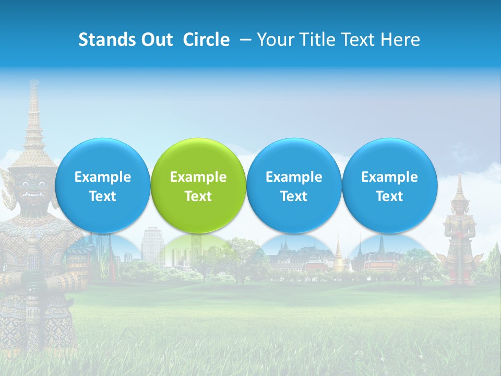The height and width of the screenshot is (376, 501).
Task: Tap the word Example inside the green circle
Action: tap(198, 178)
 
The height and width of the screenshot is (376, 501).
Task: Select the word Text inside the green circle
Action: tap(198, 196)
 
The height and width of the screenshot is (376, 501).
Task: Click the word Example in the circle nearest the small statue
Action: tap(389, 178)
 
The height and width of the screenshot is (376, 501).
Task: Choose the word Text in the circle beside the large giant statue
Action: tap(102, 196)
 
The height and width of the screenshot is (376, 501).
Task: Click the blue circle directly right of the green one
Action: tap(294, 185)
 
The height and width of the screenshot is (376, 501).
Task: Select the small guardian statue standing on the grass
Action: tap(459, 235)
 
